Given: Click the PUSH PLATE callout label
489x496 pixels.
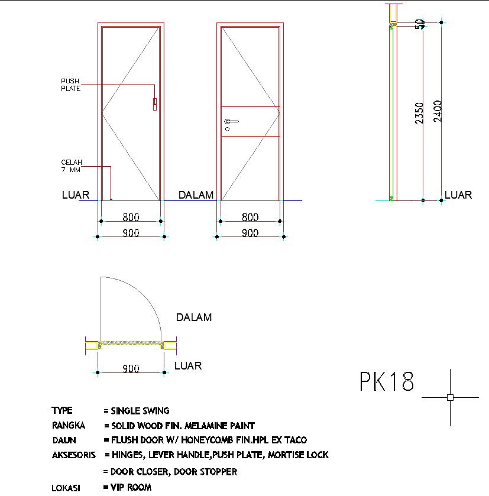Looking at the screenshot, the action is (70, 85).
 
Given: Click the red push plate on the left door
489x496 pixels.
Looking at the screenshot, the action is (155, 105).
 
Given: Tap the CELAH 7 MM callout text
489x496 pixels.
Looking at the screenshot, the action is (72, 166).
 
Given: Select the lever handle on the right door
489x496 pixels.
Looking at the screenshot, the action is (232, 121).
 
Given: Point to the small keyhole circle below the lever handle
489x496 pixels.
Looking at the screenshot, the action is (227, 129).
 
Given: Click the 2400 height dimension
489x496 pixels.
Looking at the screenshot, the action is (438, 111).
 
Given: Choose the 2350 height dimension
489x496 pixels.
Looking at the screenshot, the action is (419, 113).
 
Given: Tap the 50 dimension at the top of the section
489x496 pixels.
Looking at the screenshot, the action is (420, 24).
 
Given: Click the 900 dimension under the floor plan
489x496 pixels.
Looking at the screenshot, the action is (131, 368).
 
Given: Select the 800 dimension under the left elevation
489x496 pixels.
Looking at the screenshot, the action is (131, 218).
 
